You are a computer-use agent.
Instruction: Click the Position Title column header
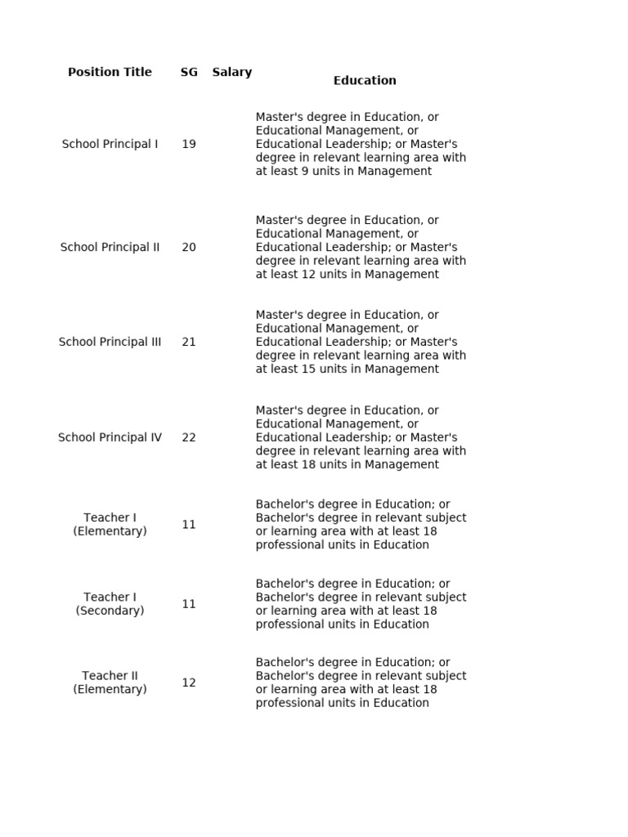click(110, 72)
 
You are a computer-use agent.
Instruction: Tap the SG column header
click(189, 72)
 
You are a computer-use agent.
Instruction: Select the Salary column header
click(232, 72)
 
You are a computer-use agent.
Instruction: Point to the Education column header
click(365, 80)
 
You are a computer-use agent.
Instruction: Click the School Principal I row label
click(110, 144)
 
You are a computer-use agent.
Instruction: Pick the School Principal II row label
click(110, 247)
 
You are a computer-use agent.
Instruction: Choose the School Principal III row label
click(110, 342)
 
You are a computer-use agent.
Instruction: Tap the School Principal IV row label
click(110, 437)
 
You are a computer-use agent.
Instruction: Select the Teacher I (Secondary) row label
click(110, 604)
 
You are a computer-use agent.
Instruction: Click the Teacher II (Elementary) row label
click(110, 683)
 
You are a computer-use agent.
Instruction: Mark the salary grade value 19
click(189, 144)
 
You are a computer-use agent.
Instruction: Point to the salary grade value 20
click(189, 247)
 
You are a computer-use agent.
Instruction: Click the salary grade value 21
click(189, 342)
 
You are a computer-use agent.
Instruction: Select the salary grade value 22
click(189, 437)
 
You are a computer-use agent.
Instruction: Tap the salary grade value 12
click(189, 683)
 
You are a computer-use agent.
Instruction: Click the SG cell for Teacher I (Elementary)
click(189, 525)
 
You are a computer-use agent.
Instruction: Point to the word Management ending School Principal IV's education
click(402, 465)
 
